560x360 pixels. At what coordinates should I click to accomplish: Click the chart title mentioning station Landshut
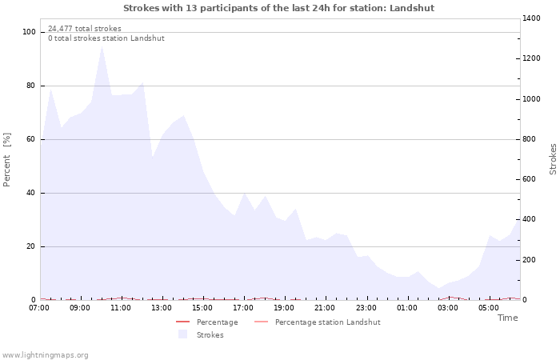click(279, 8)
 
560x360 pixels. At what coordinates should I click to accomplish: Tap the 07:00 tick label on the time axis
click(39, 308)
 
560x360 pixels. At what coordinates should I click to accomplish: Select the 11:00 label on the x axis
click(121, 308)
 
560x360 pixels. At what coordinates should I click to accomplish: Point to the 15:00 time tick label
click(202, 308)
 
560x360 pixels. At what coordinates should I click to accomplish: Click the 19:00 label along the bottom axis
click(284, 308)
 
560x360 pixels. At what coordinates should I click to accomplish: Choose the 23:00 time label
click(366, 308)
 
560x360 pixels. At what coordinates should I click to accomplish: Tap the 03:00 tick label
click(447, 308)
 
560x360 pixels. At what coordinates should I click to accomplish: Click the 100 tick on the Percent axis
click(30, 32)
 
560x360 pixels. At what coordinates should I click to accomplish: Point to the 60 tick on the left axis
click(31, 139)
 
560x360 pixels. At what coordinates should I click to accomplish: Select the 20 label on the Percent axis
click(31, 246)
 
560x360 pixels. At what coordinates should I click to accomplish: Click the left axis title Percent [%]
click(7, 160)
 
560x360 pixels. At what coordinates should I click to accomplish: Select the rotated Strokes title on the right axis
click(553, 159)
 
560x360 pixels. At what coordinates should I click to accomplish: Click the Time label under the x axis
click(507, 318)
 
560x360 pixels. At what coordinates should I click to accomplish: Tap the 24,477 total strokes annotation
click(85, 29)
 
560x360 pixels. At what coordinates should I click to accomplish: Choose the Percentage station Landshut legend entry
click(327, 322)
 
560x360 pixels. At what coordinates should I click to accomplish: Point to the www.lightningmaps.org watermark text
click(45, 354)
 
